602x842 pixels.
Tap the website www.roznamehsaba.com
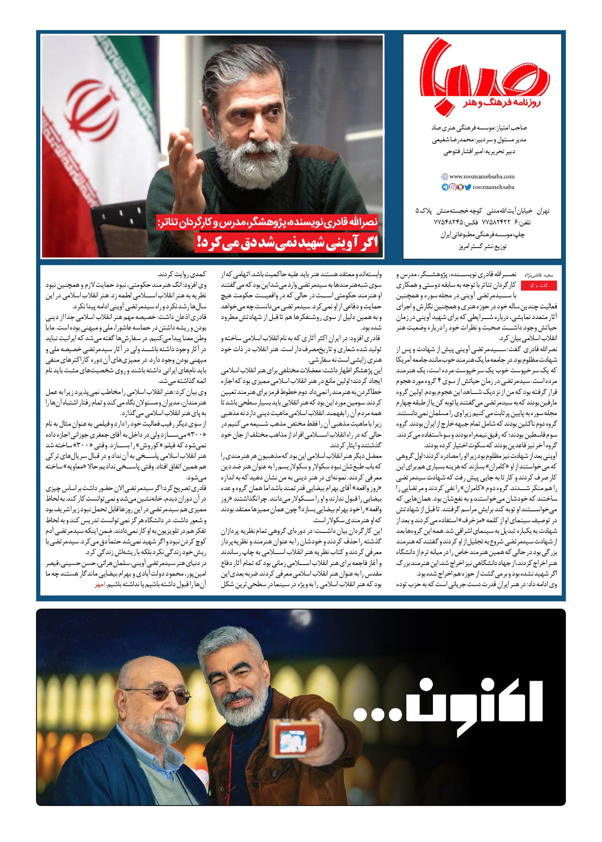point(482,176)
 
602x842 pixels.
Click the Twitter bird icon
point(468,187)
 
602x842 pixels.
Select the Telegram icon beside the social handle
point(445,187)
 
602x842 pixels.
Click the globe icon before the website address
point(445,177)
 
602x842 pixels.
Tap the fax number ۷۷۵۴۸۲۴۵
point(448,223)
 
